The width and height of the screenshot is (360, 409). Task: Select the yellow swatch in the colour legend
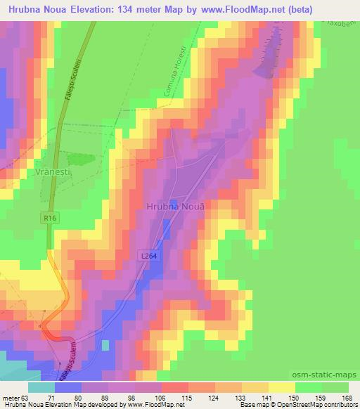(x=281, y=387)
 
